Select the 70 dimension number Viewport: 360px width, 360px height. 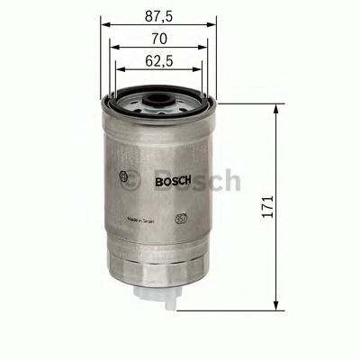tap(158, 39)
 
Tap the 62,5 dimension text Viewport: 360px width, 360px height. tap(158, 63)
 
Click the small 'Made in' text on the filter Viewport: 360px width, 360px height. tap(144, 219)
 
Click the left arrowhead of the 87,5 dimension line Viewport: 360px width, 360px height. tap(104, 26)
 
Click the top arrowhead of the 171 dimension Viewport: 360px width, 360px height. tap(274, 105)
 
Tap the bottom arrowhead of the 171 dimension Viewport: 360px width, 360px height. tap(274, 303)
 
